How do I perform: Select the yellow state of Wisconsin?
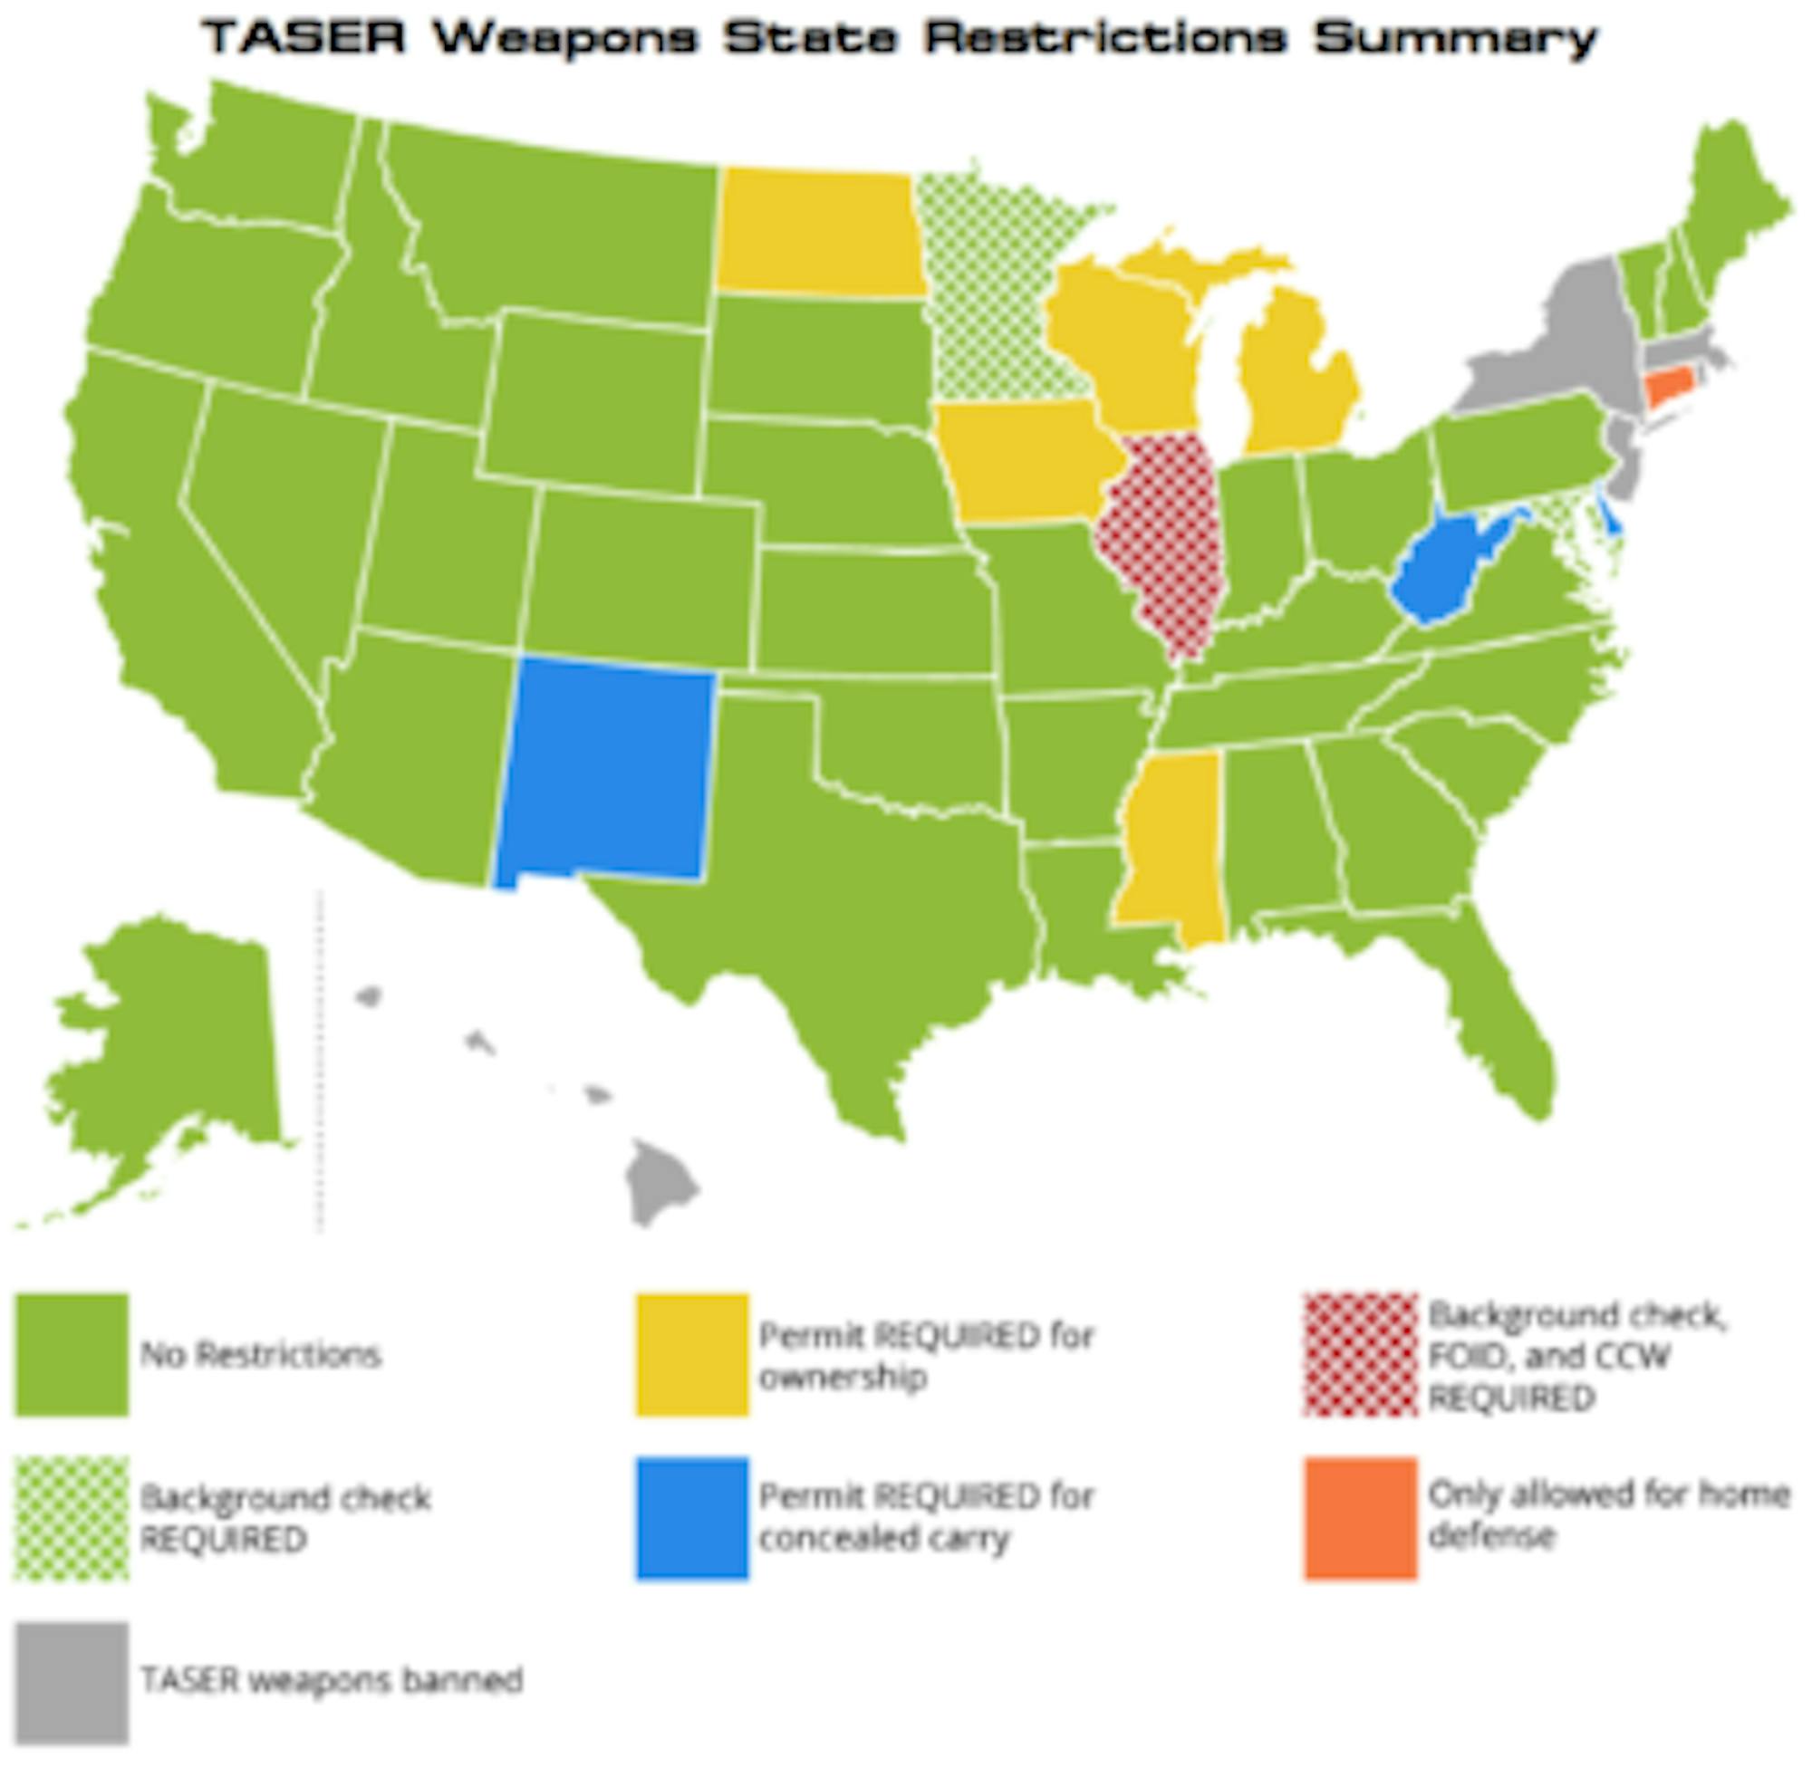point(1123,343)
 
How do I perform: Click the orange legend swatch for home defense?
point(1361,1518)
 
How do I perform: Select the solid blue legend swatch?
point(692,1518)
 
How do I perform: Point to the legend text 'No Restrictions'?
point(260,1355)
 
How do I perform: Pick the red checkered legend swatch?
point(1361,1355)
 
